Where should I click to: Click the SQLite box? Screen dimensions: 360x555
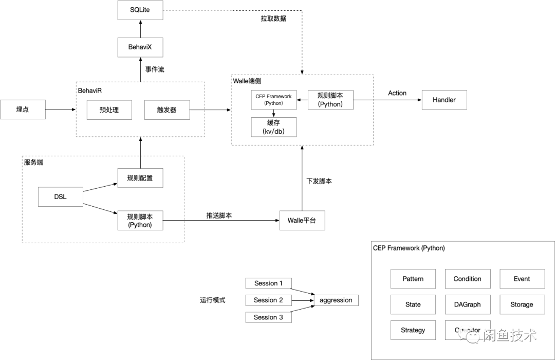140,10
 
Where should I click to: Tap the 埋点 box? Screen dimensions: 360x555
23,110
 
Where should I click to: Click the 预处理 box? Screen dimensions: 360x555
109,110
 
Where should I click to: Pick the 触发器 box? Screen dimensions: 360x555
166,110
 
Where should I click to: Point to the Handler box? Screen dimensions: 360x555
444,100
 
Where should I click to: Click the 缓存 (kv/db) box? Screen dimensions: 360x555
274,127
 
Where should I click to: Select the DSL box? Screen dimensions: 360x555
61,197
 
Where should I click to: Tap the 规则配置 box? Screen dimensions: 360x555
140,178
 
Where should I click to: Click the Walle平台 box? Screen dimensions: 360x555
302,220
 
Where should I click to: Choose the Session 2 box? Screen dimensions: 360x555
269,300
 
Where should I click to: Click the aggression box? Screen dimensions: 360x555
336,300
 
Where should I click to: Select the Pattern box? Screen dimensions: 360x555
413,279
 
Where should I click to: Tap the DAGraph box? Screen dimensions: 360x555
467,304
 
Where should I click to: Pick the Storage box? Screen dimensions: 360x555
522,304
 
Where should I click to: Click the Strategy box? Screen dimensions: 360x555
413,330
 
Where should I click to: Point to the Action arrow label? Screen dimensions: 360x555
397,93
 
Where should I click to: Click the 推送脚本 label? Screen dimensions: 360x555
219,215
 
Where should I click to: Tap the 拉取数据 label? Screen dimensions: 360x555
273,19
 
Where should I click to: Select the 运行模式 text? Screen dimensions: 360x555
213,300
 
